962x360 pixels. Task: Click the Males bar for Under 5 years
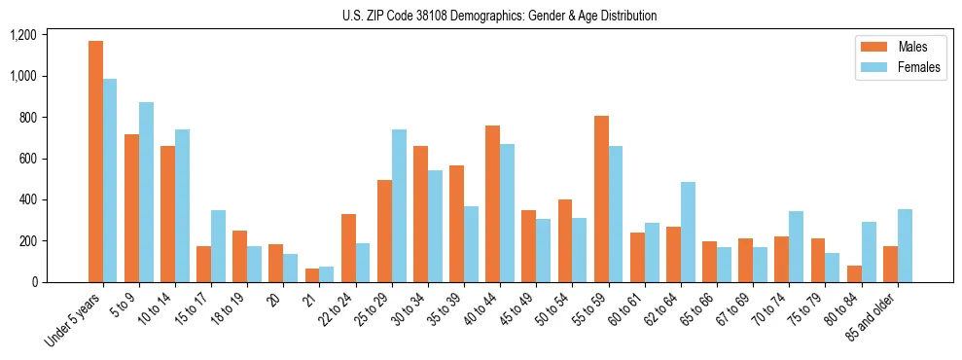click(95, 162)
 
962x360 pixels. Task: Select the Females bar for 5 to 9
click(146, 192)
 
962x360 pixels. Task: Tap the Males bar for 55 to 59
click(601, 198)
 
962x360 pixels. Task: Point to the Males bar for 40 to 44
click(492, 203)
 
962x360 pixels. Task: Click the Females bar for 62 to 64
click(688, 232)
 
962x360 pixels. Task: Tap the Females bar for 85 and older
click(905, 245)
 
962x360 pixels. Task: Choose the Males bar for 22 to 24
click(348, 248)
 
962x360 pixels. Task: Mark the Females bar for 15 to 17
click(218, 246)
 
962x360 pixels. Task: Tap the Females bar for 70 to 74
click(797, 246)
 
